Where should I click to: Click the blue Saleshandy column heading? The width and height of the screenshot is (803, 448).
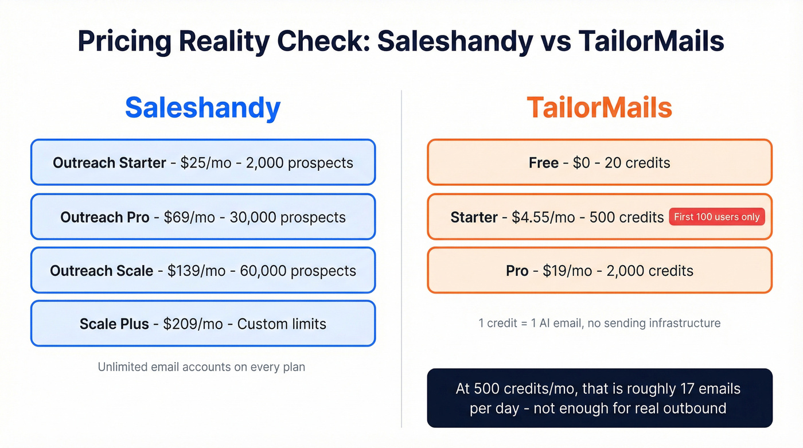tap(202, 108)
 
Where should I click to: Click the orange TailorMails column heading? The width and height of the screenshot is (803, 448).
tap(599, 108)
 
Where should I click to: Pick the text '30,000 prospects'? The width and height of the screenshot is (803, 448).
tap(287, 217)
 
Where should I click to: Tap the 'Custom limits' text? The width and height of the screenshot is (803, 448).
tap(282, 324)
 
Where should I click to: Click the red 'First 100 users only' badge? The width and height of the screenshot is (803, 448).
tap(716, 217)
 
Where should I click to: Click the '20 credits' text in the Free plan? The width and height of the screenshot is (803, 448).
tap(637, 163)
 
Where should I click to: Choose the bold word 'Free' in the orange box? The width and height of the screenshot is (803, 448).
tap(543, 163)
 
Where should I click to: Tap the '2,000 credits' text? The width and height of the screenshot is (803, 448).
tap(650, 271)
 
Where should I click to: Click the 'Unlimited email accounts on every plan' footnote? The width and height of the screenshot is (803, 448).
tap(201, 367)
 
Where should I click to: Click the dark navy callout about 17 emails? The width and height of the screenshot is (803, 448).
tap(599, 398)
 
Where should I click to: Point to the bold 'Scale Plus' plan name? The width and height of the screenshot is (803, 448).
tap(114, 324)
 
